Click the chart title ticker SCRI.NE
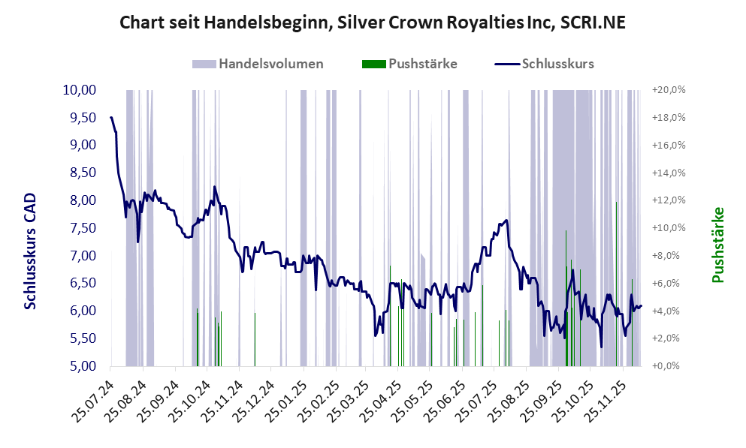pos(591,23)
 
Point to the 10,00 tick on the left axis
pos(80,90)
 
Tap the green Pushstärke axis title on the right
pos(717,245)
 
